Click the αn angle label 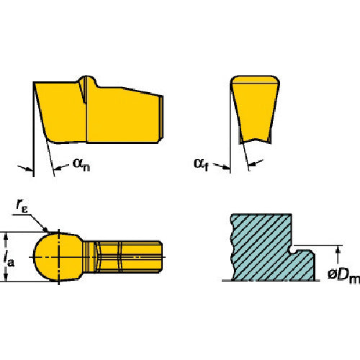coord(81,165)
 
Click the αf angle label coord(201,165)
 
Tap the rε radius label coord(22,207)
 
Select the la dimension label coord(9,261)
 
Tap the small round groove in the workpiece coord(293,251)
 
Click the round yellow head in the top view coord(58,257)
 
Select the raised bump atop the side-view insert coord(89,80)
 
